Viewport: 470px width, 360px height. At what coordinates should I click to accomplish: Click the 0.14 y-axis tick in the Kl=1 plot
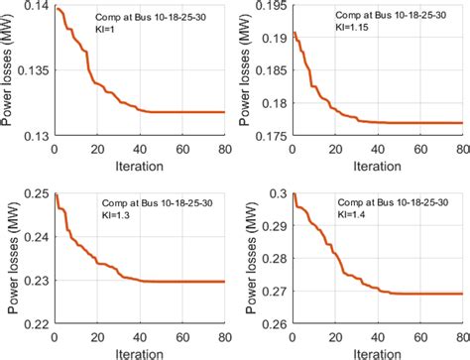click(x=38, y=8)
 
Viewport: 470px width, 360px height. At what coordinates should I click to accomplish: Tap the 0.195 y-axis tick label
click(x=269, y=8)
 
